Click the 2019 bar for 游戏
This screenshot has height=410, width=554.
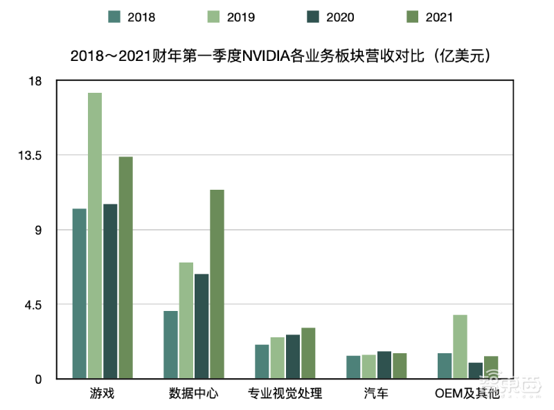95,235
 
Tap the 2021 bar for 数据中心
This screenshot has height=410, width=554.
217,284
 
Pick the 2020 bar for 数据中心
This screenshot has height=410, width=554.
202,326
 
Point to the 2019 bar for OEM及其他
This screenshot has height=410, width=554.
461,346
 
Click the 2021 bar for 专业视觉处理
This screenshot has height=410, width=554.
308,353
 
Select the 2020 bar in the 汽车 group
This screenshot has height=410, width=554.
384,365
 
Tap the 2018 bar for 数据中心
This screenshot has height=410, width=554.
170,345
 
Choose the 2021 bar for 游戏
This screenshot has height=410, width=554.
125,267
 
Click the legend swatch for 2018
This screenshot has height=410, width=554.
115,17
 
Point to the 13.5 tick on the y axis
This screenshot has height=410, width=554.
30,155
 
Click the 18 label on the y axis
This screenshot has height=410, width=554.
35,81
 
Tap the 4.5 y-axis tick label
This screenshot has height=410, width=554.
33,305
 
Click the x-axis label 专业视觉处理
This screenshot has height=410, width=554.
285,394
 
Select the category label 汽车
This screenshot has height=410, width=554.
376,394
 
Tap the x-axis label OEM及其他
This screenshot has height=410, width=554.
467,394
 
